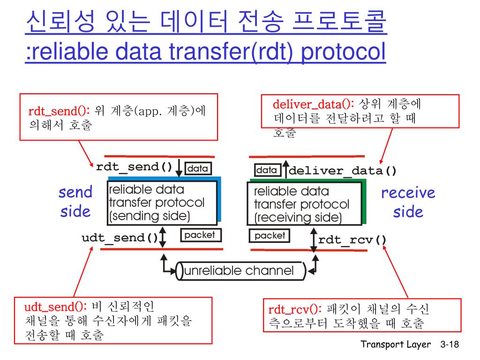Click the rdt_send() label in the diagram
coord(134,167)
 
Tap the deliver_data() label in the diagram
coord(343,171)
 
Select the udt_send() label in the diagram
coord(120,238)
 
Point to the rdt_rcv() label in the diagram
coord(352,240)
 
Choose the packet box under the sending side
coord(200,235)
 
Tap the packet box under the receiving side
coord(270,235)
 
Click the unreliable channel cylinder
coord(240,271)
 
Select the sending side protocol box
coord(162,203)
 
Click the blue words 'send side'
coord(75,202)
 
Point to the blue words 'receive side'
coord(408,202)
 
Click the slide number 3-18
coord(449,345)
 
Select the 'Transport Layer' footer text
coord(396,345)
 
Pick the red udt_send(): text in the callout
coord(55,307)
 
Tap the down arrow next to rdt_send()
coord(179,168)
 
